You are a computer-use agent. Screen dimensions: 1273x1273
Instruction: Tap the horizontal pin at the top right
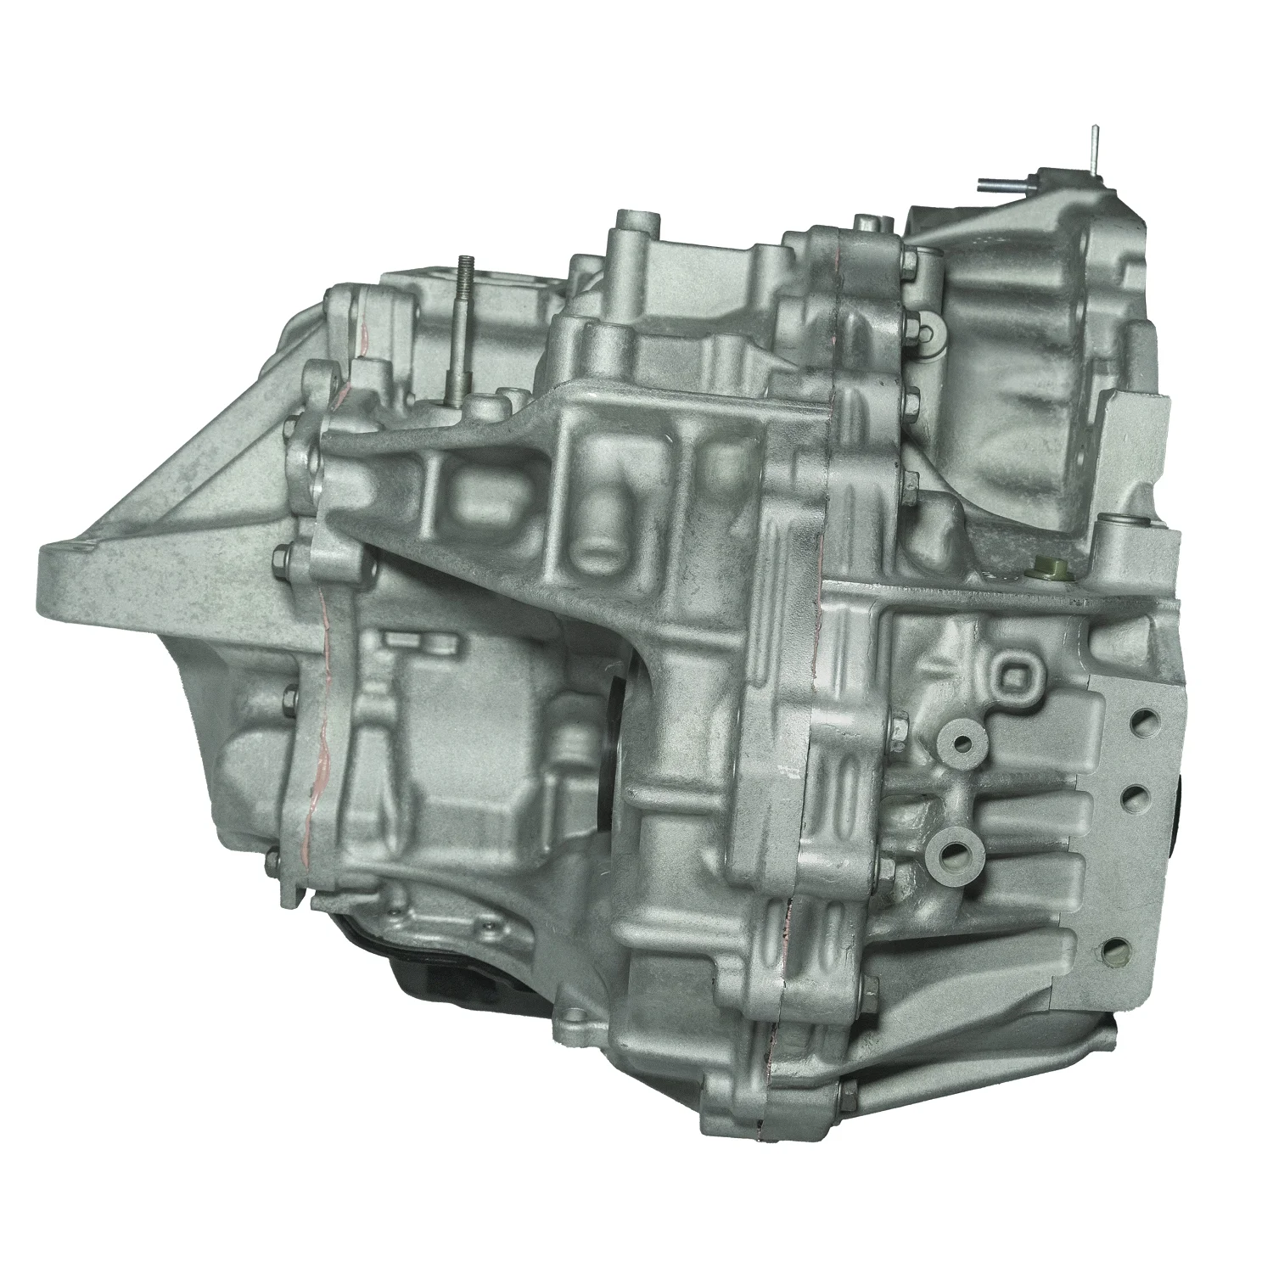point(1001,183)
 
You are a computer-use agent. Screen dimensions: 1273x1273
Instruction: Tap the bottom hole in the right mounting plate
point(1113,947)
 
